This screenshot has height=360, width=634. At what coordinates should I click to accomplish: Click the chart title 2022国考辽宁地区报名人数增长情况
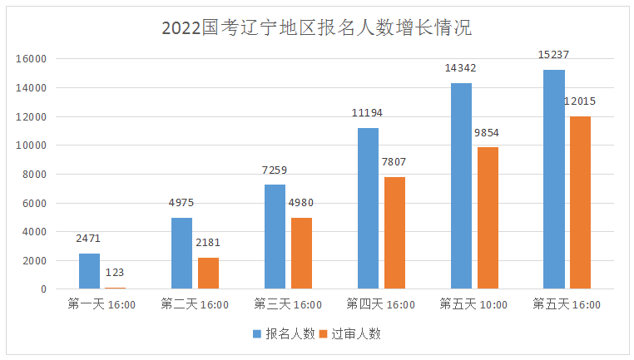pyautogui.click(x=317, y=28)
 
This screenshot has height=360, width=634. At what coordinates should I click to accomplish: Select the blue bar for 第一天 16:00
pyautogui.click(x=89, y=271)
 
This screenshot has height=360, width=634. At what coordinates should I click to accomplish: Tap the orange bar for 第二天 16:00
pyautogui.click(x=208, y=274)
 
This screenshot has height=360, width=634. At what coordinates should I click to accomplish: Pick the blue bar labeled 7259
pyautogui.click(x=275, y=237)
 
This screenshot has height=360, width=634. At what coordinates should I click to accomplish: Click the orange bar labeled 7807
pyautogui.click(x=394, y=233)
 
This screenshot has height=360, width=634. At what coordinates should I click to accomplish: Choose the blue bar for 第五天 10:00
pyautogui.click(x=461, y=186)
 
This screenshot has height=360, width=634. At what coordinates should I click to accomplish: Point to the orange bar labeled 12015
pyautogui.click(x=580, y=202)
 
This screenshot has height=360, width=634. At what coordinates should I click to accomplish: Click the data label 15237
pyautogui.click(x=553, y=55)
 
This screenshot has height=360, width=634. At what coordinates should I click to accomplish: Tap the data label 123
pyautogui.click(x=115, y=273)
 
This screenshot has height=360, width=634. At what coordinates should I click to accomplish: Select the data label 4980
pyautogui.click(x=301, y=202)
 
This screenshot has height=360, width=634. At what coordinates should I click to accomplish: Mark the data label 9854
pyautogui.click(x=487, y=132)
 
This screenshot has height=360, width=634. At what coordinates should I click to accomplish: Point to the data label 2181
pyautogui.click(x=208, y=243)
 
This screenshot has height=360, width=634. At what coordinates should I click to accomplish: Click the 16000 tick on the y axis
pyautogui.click(x=31, y=59)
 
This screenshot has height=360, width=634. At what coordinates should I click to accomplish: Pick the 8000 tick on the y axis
pyautogui.click(x=34, y=175)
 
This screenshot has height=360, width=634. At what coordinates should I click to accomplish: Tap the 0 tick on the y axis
pyautogui.click(x=43, y=289)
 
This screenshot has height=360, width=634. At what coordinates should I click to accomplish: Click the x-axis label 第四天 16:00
pyautogui.click(x=381, y=304)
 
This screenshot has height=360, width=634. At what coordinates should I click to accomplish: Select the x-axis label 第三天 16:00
pyautogui.click(x=288, y=304)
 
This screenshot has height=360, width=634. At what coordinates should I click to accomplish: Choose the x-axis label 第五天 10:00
pyautogui.click(x=473, y=304)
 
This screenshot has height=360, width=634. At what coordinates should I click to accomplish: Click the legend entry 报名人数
pyautogui.click(x=284, y=333)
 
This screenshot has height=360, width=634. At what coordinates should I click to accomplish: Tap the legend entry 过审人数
pyautogui.click(x=350, y=333)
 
